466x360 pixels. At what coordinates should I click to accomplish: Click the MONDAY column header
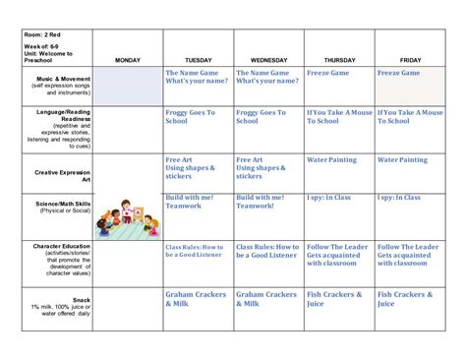coord(128,60)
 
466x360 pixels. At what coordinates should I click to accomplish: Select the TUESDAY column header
coord(198,60)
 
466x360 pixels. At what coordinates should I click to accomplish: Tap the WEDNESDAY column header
coord(268,60)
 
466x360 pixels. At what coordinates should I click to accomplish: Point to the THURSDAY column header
coord(339,60)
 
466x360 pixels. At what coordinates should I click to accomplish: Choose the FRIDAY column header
coord(410,60)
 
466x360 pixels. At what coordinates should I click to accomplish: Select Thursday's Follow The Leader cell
coord(339,255)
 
